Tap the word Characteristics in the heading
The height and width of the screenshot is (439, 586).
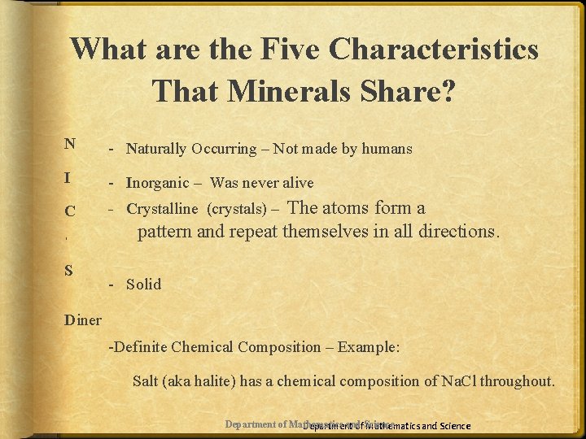pyautogui.click(x=433, y=50)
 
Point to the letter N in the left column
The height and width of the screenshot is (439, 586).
pyautogui.click(x=70, y=144)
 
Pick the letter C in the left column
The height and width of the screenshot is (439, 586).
pyautogui.click(x=70, y=211)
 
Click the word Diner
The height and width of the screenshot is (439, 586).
pyautogui.click(x=83, y=319)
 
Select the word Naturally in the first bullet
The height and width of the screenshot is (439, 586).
pyautogui.click(x=158, y=149)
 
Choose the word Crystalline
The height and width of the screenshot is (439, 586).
pyautogui.click(x=162, y=209)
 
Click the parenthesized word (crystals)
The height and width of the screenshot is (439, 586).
pyautogui.click(x=235, y=209)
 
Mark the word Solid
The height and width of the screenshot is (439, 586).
pyautogui.click(x=143, y=284)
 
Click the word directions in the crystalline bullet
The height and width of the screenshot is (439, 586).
pyautogui.click(x=455, y=231)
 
